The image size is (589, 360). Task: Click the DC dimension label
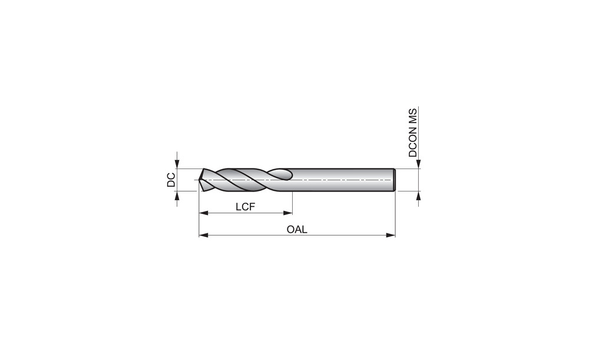171,180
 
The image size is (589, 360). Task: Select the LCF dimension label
246,207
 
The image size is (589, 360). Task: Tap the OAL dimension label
297,229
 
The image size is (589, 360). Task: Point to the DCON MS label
413,133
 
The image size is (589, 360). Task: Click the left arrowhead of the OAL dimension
204,235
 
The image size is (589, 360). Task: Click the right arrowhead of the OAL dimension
391,235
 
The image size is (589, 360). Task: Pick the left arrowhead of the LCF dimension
204,213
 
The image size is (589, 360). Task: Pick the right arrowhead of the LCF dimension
288,213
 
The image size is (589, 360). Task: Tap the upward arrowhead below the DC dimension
177,196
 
